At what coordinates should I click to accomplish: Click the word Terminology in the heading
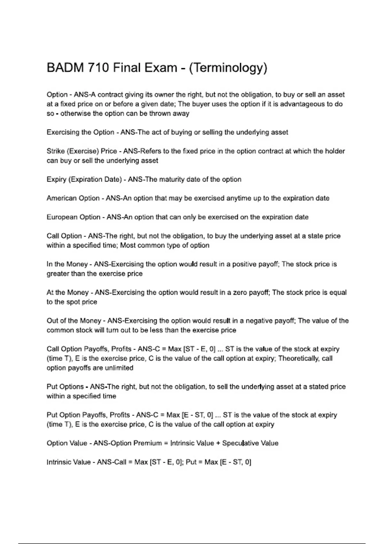point(228,68)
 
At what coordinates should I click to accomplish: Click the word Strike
point(55,151)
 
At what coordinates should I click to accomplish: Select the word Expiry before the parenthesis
point(56,179)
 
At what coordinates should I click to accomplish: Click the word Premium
point(148,443)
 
